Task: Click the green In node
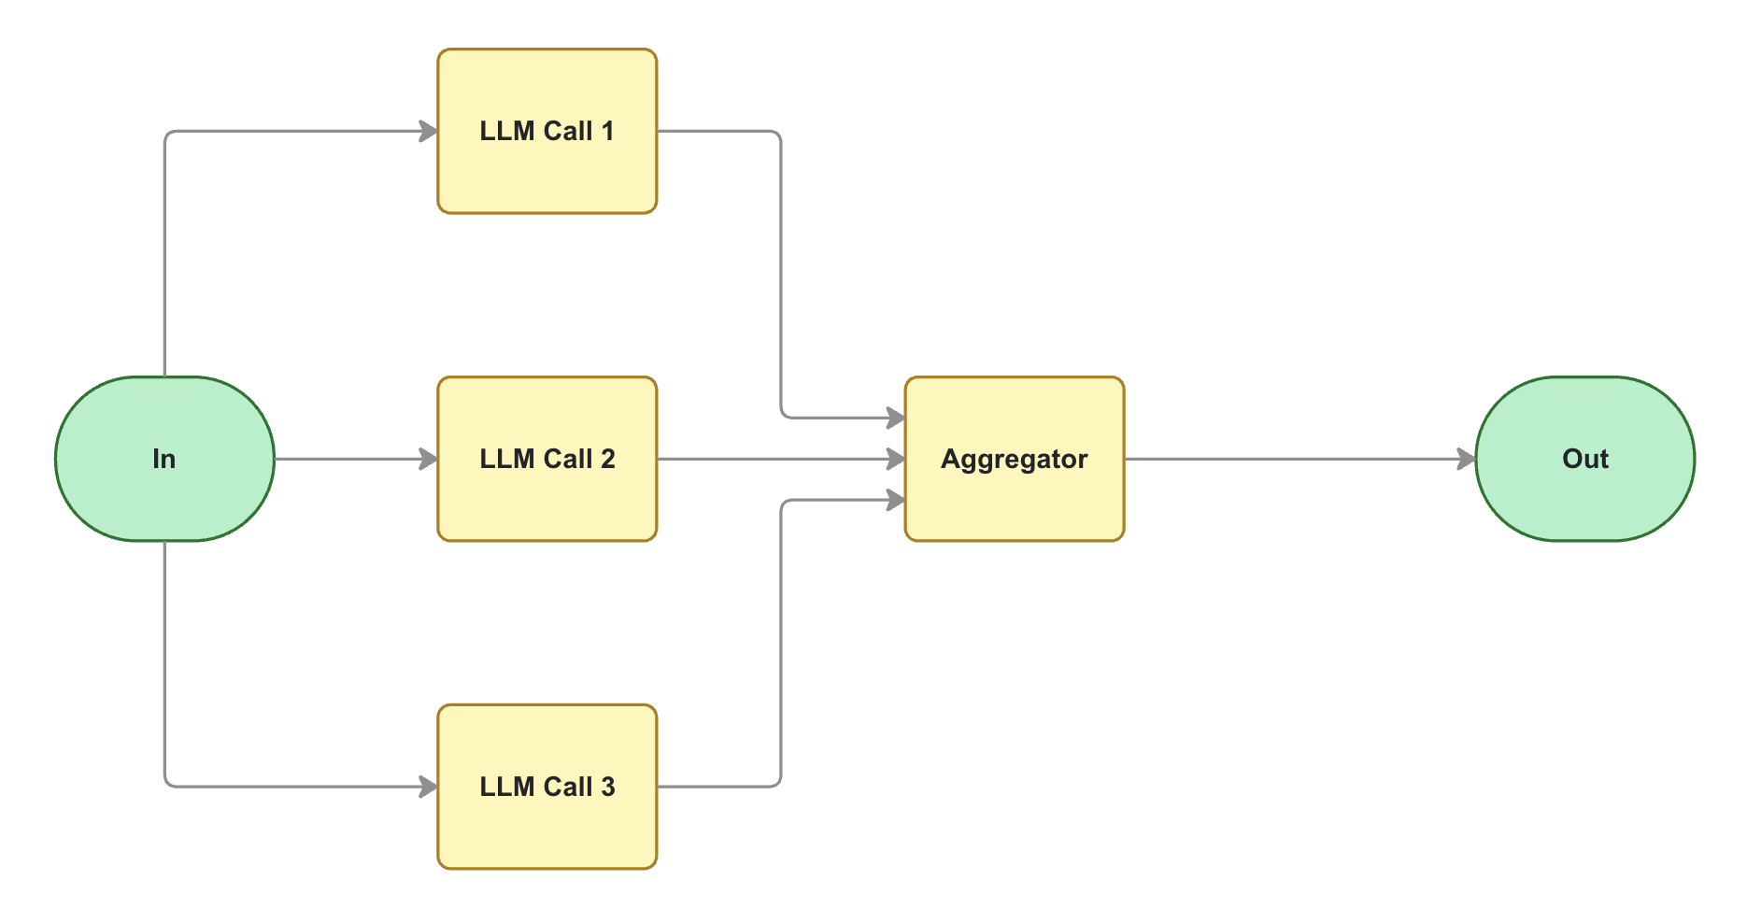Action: [164, 459]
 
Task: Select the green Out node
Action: [1584, 459]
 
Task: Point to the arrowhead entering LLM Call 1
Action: [429, 131]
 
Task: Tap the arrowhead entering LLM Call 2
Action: [429, 459]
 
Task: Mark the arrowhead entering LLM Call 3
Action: [429, 787]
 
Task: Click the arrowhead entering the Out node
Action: [1467, 459]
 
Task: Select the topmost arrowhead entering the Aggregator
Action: [896, 418]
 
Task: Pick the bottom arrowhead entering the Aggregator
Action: [896, 501]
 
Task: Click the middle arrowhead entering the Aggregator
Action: [896, 459]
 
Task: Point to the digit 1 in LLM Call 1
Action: [607, 131]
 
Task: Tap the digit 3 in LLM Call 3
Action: [608, 787]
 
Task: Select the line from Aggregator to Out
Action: [1299, 459]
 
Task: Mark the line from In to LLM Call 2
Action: [355, 459]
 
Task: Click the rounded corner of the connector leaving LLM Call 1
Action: [777, 135]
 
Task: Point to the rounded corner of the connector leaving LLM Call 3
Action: [777, 783]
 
